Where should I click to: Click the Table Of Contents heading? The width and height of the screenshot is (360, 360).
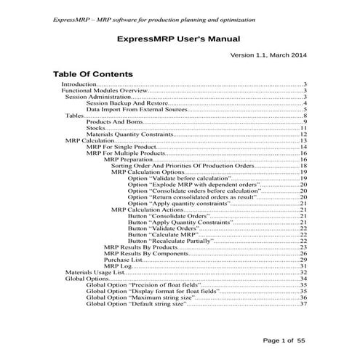[x=92, y=74]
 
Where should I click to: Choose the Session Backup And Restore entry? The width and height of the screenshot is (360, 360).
[x=127, y=103]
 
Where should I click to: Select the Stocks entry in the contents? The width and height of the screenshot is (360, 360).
[x=96, y=129]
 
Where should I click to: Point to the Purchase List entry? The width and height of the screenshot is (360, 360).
[x=121, y=260]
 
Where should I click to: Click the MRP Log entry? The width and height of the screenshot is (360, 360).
[x=116, y=267]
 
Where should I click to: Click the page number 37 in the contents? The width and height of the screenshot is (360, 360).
[x=304, y=305]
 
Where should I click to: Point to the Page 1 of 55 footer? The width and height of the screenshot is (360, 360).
[x=288, y=340]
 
